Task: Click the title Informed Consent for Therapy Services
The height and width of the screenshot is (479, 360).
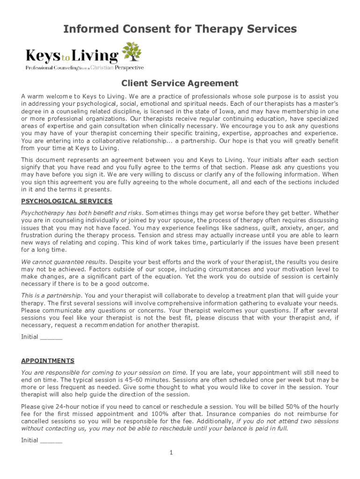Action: [180, 29]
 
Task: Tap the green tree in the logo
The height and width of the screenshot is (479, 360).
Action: [131, 51]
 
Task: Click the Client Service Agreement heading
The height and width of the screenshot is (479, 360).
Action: [180, 84]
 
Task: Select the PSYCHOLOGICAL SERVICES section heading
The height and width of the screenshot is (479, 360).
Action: [67, 201]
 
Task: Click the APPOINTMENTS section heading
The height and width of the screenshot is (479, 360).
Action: [48, 361]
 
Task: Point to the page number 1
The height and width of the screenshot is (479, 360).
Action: [172, 452]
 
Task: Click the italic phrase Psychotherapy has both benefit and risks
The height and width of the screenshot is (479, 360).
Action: [81, 213]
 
